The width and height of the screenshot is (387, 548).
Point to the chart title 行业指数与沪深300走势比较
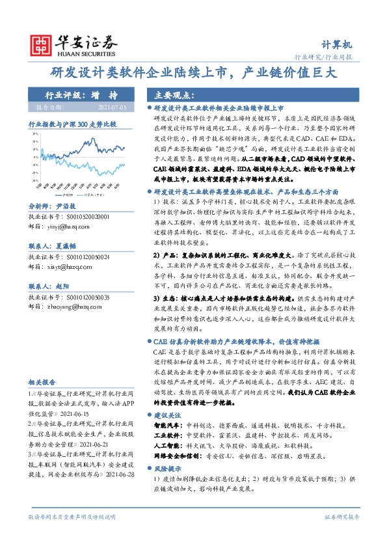click(x=72, y=123)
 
